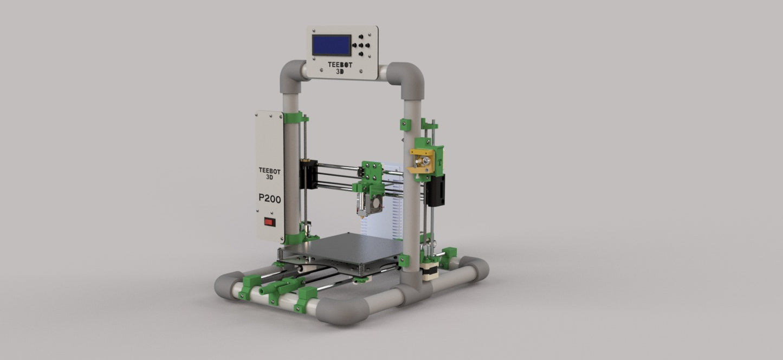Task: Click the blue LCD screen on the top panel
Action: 332,45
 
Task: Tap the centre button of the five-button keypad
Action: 360,45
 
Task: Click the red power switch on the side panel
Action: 269,222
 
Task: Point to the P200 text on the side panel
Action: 269,198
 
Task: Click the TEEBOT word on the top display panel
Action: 340,65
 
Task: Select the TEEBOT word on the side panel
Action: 269,171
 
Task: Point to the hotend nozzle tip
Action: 362,217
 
